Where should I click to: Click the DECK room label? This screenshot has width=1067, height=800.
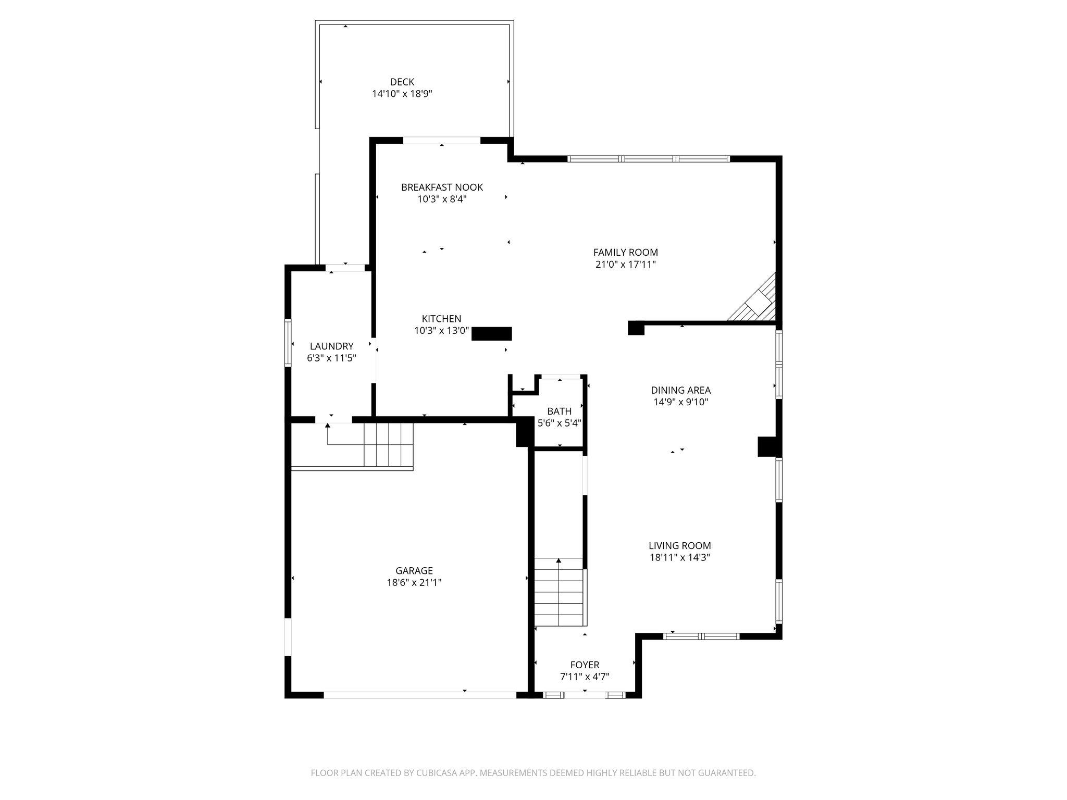click(402, 82)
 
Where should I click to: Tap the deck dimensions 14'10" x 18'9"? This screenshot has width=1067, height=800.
click(402, 94)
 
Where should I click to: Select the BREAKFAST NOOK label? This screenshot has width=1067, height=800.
click(442, 187)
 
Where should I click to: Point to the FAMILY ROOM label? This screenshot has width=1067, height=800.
click(625, 253)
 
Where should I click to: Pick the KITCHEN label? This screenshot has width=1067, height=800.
click(441, 319)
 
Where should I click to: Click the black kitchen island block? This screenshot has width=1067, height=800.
click(491, 333)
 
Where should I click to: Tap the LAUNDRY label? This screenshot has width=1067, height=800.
click(331, 346)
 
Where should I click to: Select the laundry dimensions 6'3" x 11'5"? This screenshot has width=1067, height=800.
click(331, 358)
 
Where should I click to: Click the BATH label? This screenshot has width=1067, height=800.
click(559, 411)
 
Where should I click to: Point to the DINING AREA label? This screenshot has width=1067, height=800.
click(680, 390)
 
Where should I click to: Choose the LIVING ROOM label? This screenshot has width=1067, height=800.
click(679, 546)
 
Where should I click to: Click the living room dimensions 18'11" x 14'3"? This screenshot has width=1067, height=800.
click(679, 558)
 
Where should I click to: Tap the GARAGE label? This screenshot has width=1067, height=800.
click(414, 571)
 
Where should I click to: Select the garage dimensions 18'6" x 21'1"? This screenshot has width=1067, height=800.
click(414, 583)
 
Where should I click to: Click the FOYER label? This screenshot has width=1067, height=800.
click(585, 665)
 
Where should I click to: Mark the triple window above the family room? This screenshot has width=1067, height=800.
click(648, 159)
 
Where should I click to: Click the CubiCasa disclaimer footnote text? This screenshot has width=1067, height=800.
click(533, 773)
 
